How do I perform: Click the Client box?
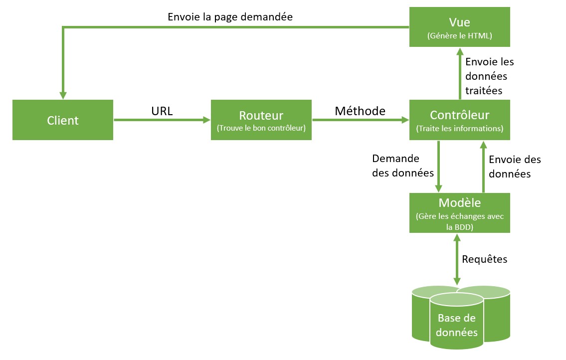point(63,120)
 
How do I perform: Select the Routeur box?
point(261,120)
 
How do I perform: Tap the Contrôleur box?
point(459,120)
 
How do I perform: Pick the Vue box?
point(459,27)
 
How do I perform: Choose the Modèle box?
point(459,213)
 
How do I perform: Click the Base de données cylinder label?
point(457,325)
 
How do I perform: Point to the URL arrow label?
point(162,111)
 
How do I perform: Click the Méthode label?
point(360,111)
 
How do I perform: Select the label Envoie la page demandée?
point(230,17)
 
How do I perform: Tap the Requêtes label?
point(484,259)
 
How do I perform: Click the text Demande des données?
point(403,166)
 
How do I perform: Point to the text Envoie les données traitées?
point(490,76)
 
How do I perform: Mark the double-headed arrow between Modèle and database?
point(457,259)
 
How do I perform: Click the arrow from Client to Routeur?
point(162,120)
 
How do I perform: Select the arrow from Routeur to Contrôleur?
point(361,120)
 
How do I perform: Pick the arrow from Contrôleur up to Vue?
point(460,73)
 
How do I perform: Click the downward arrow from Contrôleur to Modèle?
point(438,167)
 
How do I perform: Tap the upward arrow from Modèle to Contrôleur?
point(484,167)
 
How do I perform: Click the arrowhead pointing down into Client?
point(63,95)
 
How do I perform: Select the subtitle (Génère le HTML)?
point(459,36)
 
